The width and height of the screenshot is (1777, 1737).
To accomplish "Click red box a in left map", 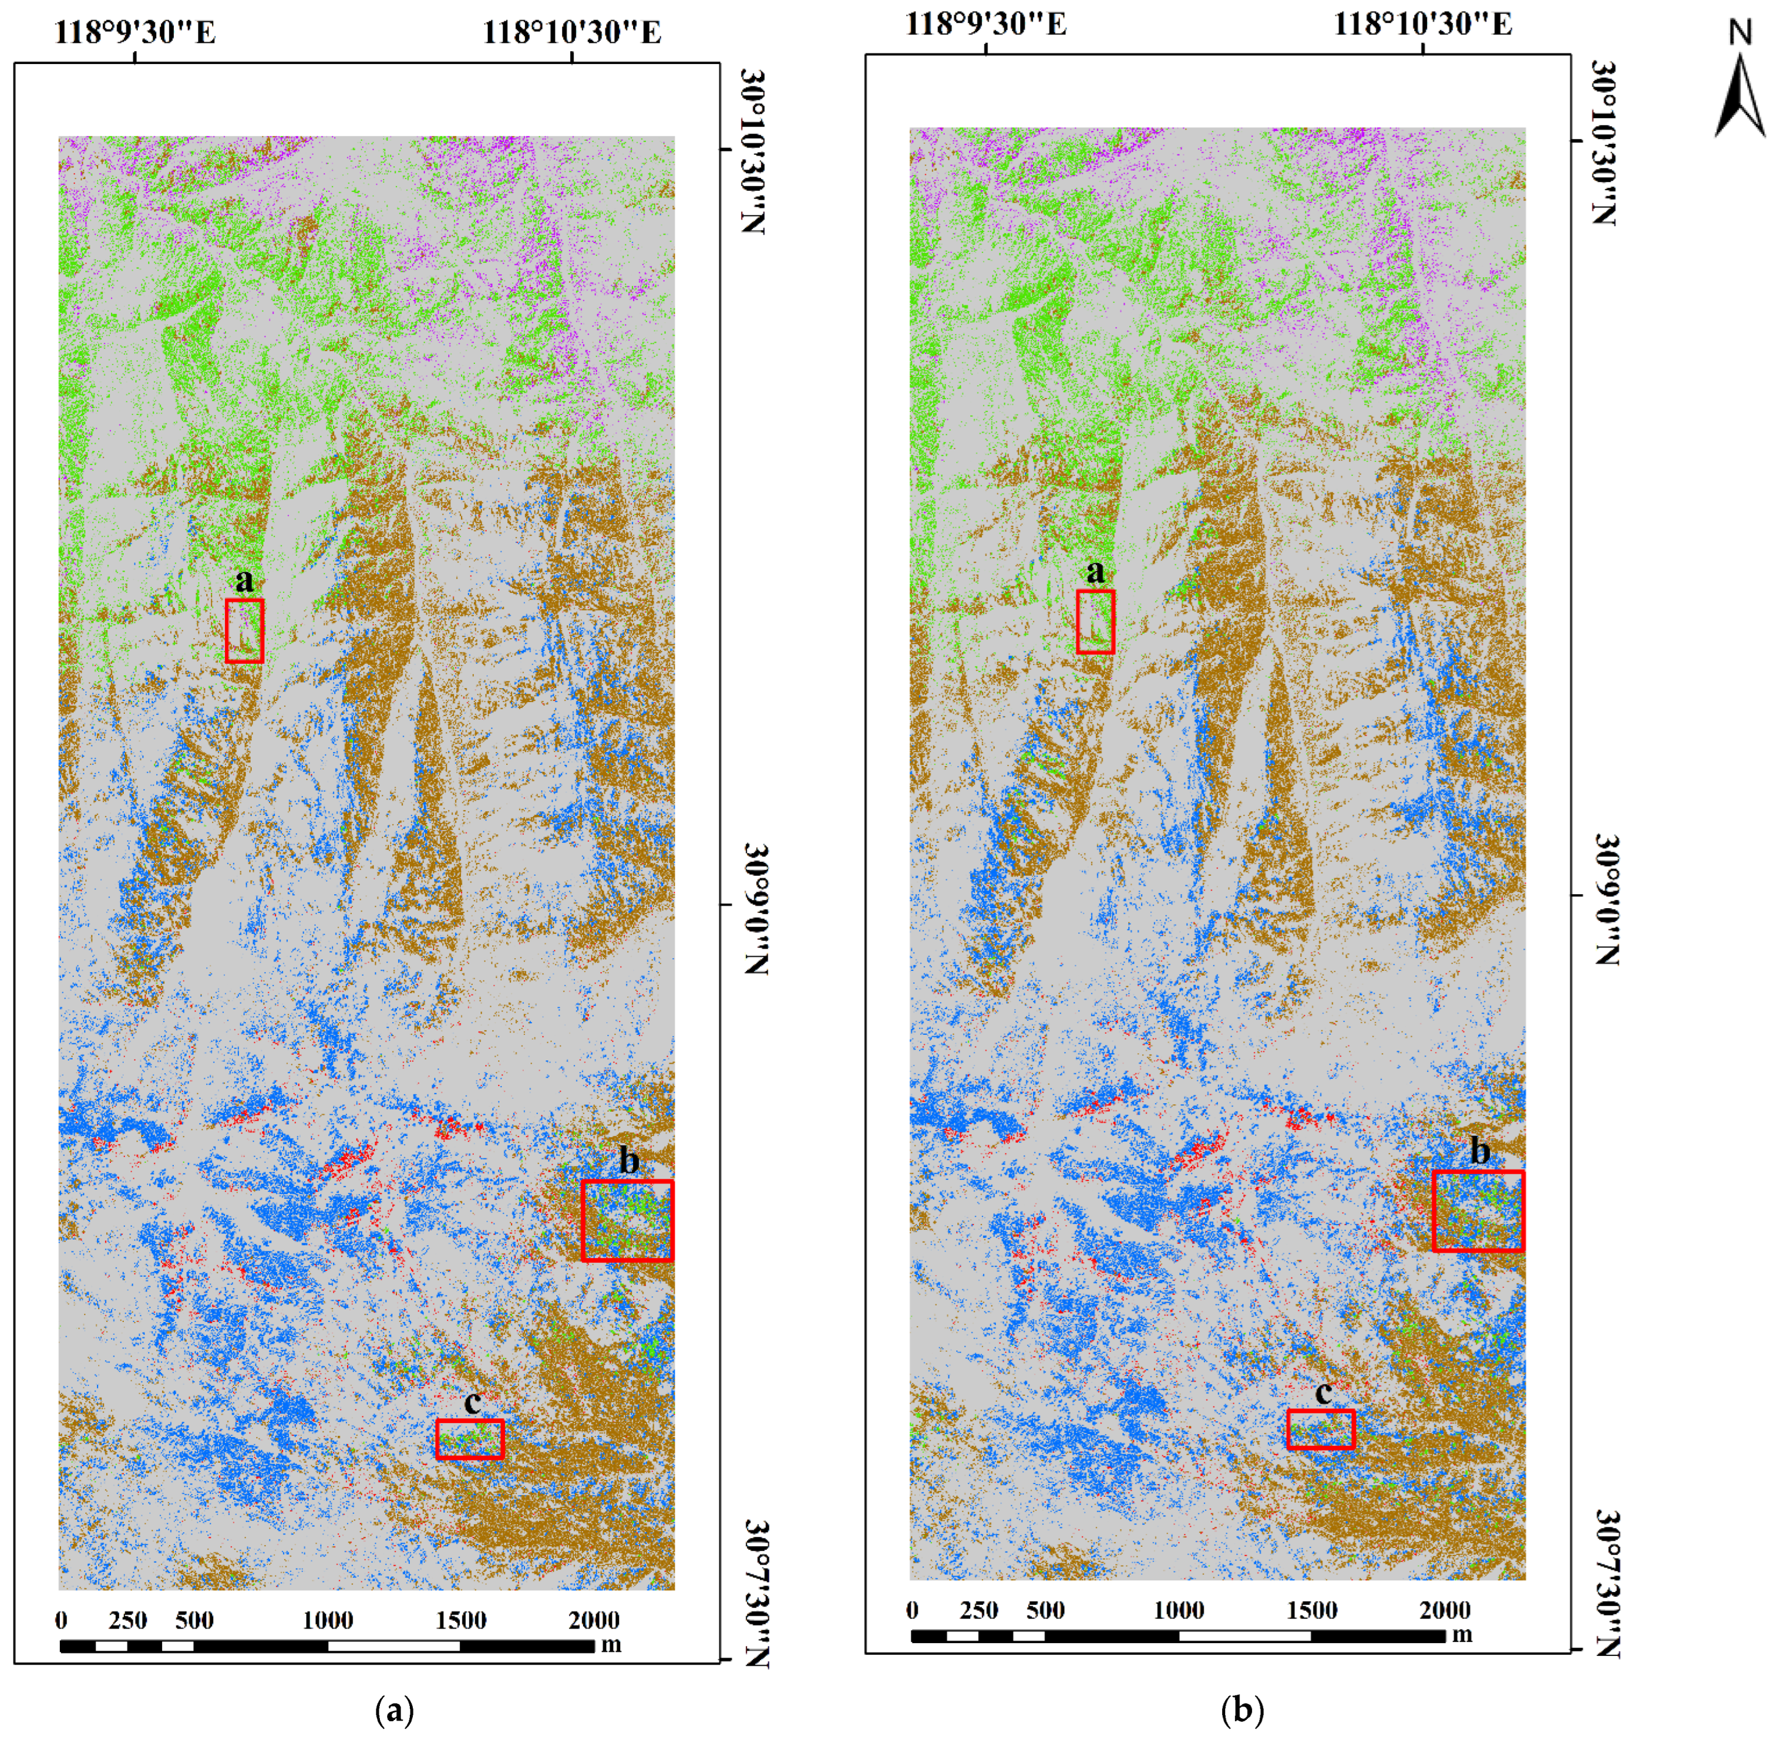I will click(245, 630).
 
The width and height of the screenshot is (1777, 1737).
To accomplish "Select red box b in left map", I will click(627, 1221).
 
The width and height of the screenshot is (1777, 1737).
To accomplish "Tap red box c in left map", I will click(469, 1439).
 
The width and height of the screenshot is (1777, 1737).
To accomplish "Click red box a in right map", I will click(1095, 621).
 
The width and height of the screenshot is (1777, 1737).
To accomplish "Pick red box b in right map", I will click(1478, 1210).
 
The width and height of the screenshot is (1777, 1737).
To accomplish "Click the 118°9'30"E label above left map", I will click(135, 33).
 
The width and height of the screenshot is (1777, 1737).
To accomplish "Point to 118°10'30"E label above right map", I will click(1423, 24).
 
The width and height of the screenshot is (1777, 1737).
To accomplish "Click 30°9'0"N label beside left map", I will click(756, 908).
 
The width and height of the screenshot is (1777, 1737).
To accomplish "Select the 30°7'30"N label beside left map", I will click(756, 1593).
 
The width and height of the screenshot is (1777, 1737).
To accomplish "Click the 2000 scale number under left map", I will click(593, 1620).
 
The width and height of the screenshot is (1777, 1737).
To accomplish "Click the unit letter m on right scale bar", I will click(1462, 1635).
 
